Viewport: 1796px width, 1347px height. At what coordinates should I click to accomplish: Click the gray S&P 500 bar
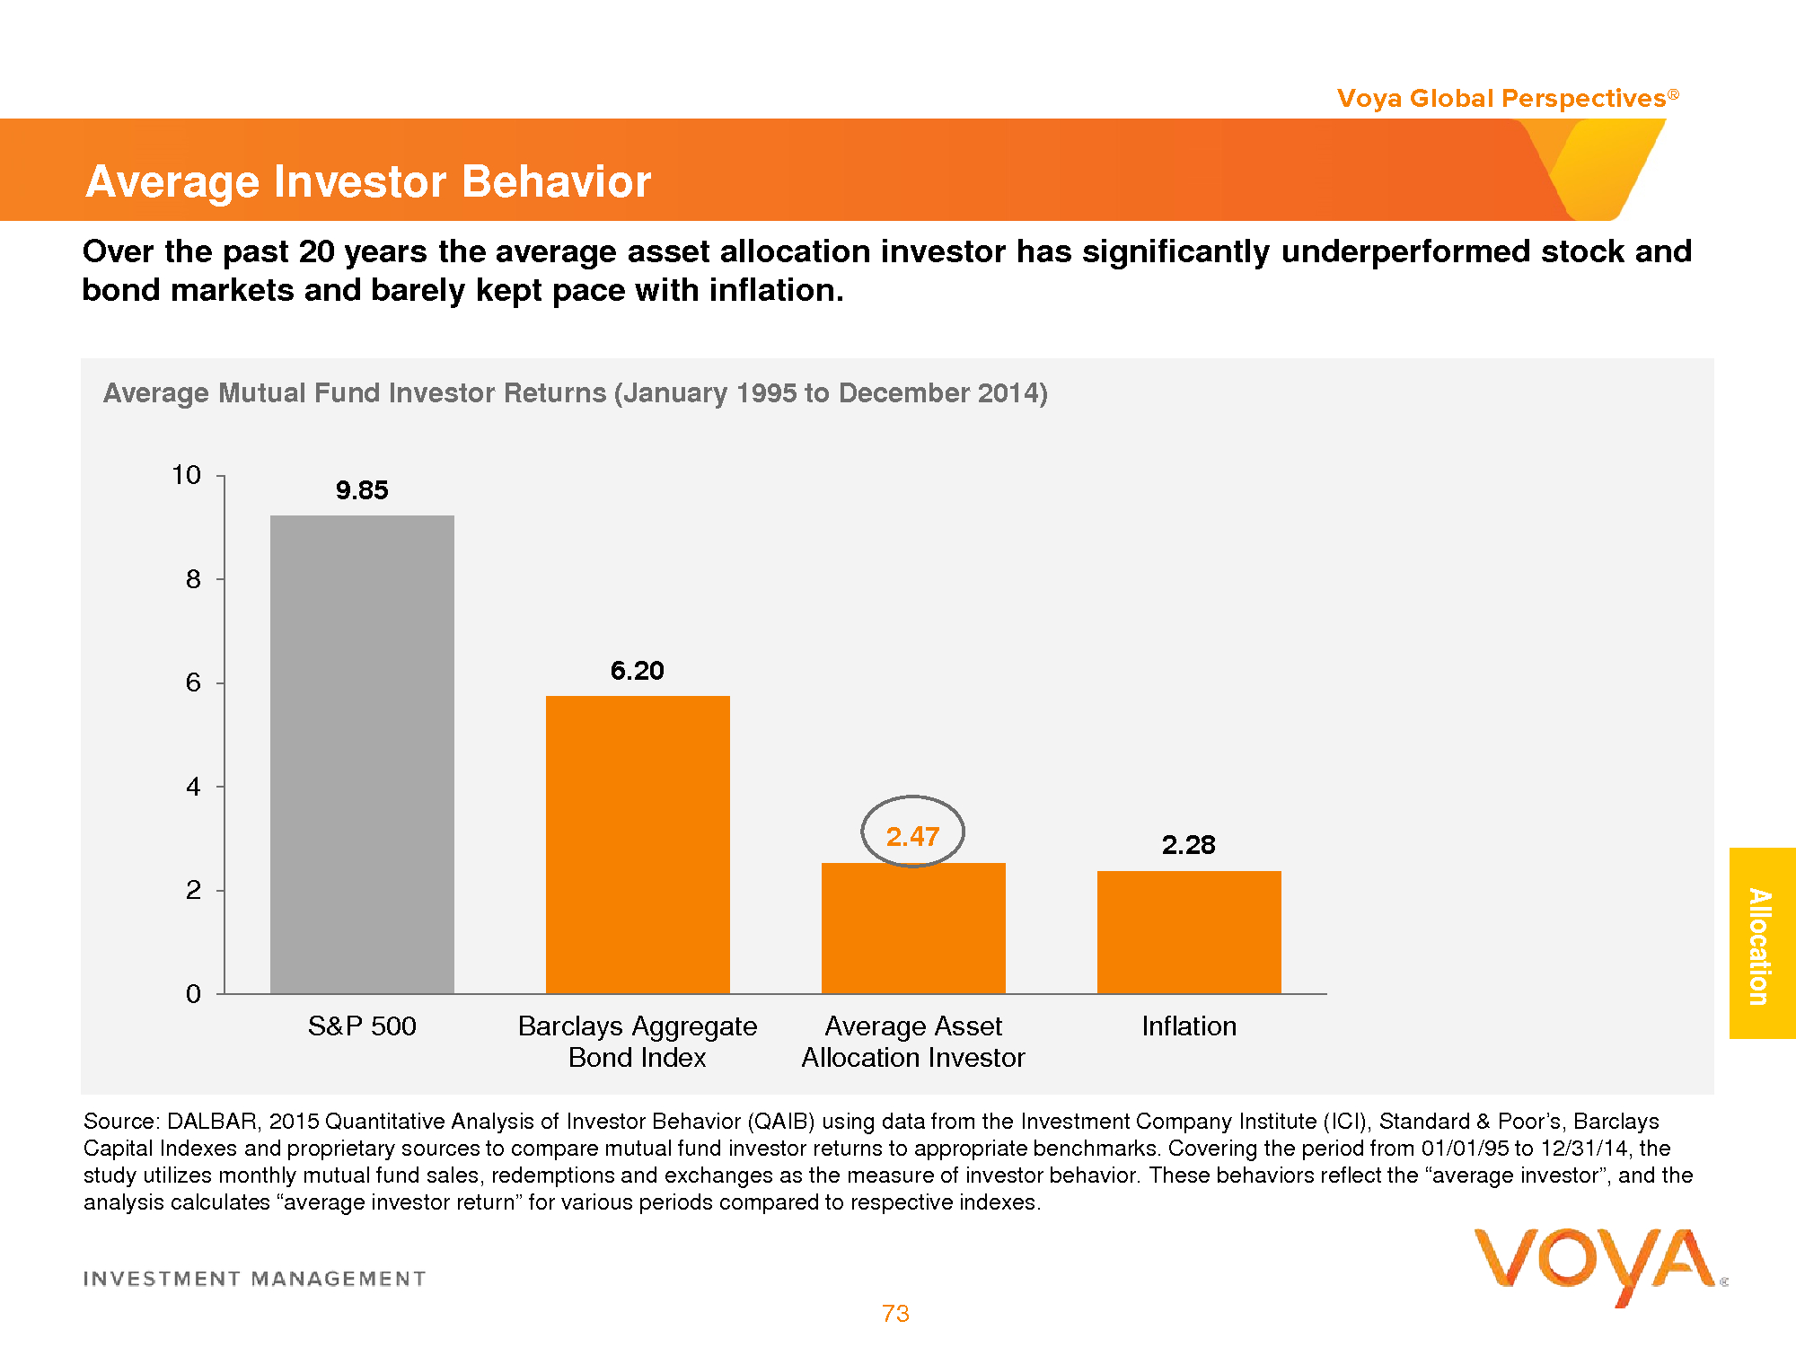[362, 754]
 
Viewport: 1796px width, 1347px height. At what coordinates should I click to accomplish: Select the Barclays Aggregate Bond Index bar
[638, 844]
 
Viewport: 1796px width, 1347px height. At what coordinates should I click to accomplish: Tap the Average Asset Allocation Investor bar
[913, 929]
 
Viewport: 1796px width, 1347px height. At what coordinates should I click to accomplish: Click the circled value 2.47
[912, 836]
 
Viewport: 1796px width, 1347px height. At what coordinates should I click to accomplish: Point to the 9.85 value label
[362, 490]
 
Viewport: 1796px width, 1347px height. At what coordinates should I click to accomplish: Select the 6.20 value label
[638, 671]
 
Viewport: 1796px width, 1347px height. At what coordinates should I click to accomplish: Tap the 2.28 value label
[1188, 845]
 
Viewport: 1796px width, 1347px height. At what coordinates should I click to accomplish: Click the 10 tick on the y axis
[187, 475]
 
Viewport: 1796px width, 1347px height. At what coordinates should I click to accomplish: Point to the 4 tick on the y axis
[193, 788]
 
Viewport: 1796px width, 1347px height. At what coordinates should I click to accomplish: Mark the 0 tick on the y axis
[193, 994]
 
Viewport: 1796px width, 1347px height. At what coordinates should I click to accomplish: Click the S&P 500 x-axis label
[362, 1026]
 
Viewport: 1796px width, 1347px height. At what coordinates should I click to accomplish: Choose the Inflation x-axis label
[1189, 1026]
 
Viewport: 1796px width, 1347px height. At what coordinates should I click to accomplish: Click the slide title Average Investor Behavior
[368, 181]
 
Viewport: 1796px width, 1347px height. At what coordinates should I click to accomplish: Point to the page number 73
[895, 1314]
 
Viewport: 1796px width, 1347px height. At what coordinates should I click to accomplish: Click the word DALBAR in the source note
[212, 1122]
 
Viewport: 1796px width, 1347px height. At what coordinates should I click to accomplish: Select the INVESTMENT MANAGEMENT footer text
[255, 1279]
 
